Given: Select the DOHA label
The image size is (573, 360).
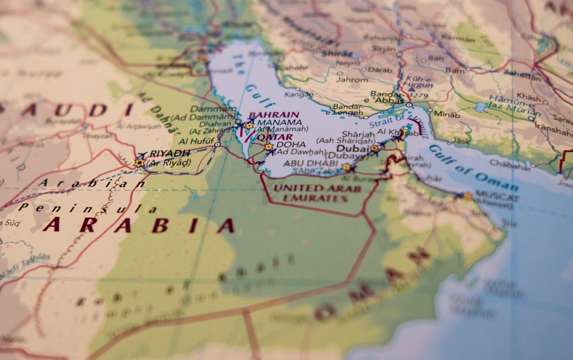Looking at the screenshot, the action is pos(291,144).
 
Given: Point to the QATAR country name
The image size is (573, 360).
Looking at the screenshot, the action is pos(274,137).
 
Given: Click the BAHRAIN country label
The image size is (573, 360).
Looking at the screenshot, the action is pos(274,115).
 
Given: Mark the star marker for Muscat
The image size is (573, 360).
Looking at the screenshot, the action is pos(468,196).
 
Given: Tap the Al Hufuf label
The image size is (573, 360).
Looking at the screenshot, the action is pos(198,141).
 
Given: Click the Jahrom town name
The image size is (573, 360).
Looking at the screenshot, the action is pos(352,80).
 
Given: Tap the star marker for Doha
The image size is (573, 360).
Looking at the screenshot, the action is pos(269,147).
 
